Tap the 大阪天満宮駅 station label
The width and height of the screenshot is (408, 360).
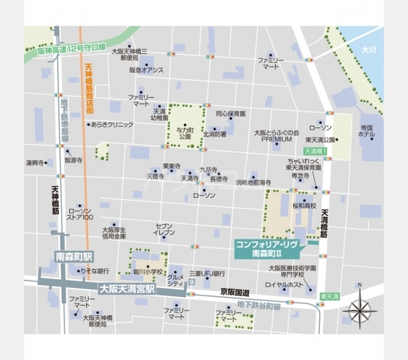(x=127, y=288)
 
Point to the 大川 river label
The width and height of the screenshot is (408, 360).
(x=369, y=49)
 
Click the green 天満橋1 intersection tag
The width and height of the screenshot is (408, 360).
(x=315, y=152)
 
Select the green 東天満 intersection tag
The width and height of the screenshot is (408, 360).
(x=330, y=296)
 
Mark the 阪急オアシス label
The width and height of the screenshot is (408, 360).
(x=146, y=70)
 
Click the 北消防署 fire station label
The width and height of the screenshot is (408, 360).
(x=215, y=134)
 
